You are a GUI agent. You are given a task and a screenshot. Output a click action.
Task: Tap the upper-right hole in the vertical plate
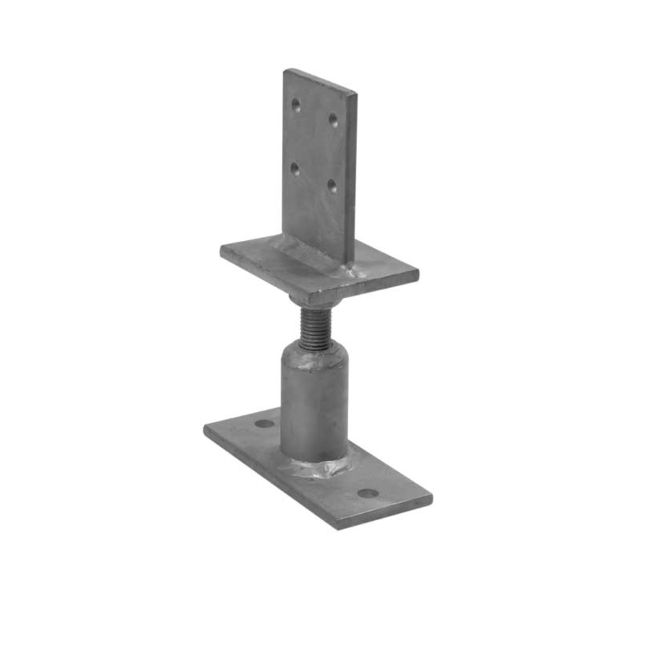point(333,120)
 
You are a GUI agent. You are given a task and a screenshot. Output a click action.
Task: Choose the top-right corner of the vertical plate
point(357,93)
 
